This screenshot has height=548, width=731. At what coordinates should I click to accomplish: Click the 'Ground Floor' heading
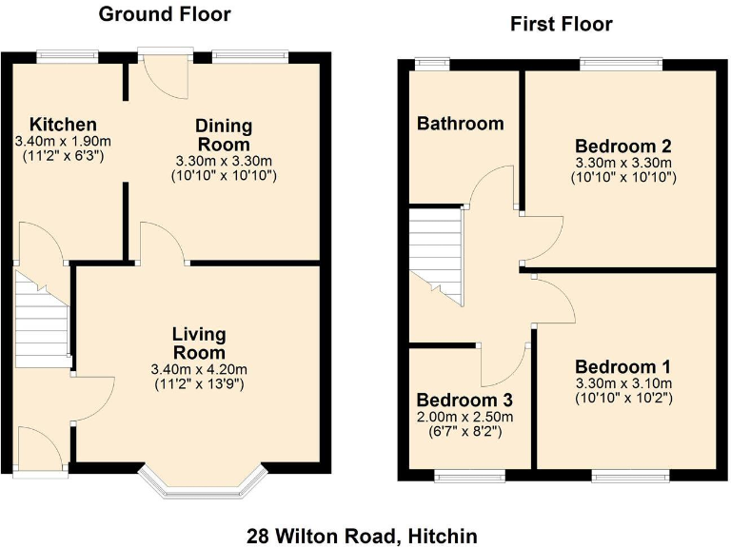click(x=165, y=14)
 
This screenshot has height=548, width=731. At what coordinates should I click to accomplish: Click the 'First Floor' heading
click(x=562, y=24)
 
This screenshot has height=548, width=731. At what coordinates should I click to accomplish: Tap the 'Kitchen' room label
click(x=63, y=125)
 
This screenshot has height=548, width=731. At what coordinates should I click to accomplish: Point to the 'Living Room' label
click(x=199, y=342)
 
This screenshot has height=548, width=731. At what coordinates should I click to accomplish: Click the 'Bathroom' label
click(x=460, y=124)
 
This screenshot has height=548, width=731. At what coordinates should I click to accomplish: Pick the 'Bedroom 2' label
click(x=623, y=147)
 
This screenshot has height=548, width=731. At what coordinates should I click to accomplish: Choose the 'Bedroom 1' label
click(x=623, y=366)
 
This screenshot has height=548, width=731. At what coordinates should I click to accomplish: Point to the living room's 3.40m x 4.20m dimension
click(x=199, y=369)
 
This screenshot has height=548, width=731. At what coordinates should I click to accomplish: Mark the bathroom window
click(x=433, y=64)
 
